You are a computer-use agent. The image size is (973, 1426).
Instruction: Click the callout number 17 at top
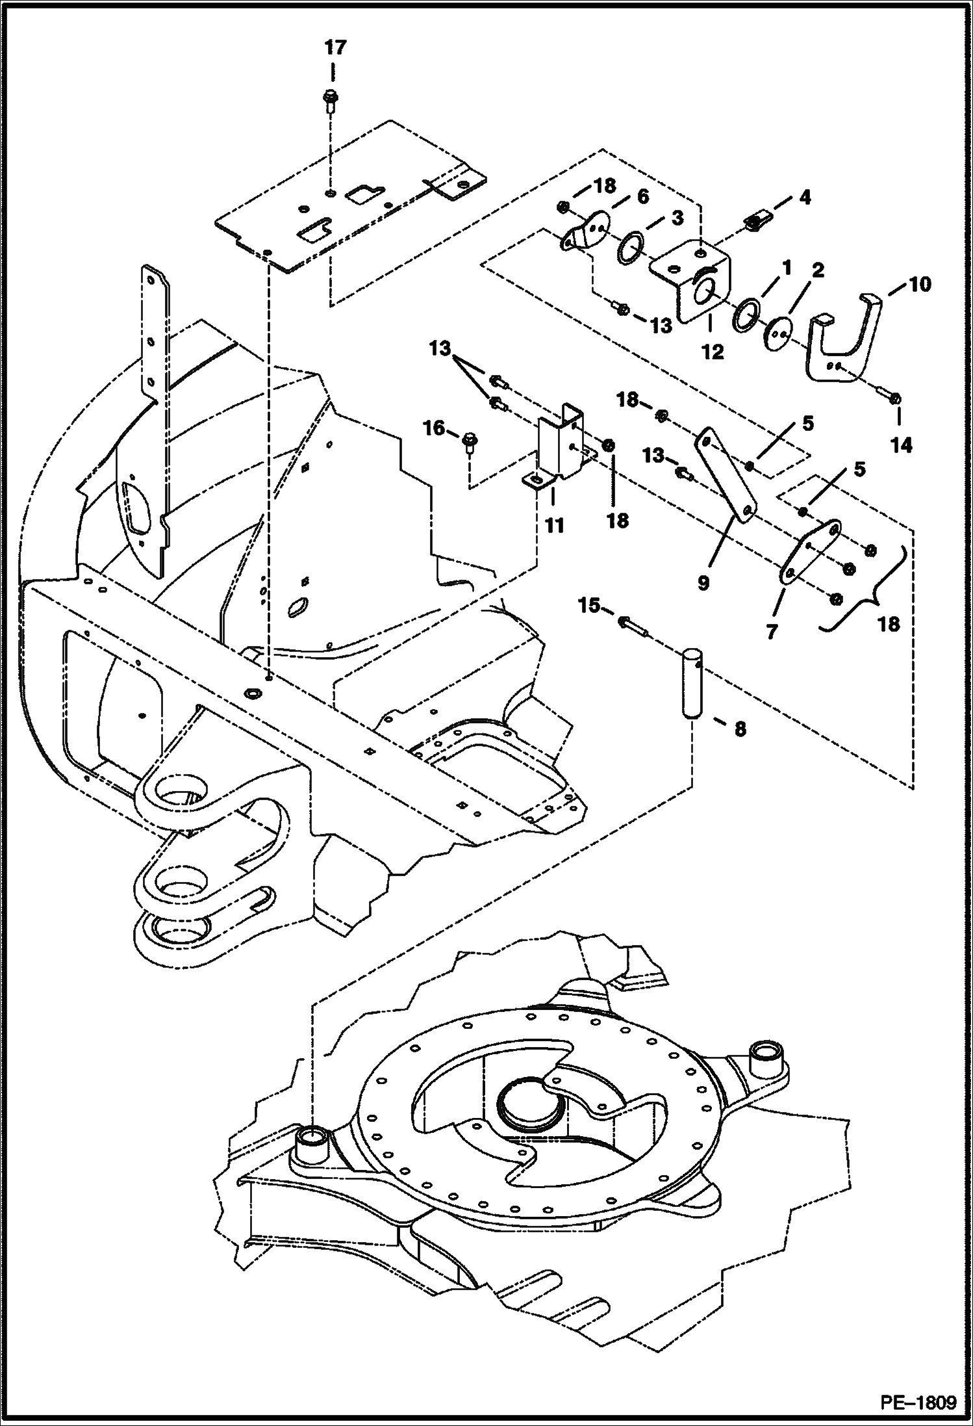coord(336,47)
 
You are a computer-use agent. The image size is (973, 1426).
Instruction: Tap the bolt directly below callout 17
coord(330,101)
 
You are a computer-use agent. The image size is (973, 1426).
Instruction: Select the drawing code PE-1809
coord(918,1402)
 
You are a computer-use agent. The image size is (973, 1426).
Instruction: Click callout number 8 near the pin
coord(740,729)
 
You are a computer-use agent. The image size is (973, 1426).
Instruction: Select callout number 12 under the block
coord(713,352)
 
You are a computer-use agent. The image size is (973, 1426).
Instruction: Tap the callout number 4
coord(804,197)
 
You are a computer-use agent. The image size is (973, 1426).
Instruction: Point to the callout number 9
coord(703,583)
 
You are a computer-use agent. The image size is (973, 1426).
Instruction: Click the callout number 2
coord(817,270)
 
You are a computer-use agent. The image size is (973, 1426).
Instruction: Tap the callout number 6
coord(642,196)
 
